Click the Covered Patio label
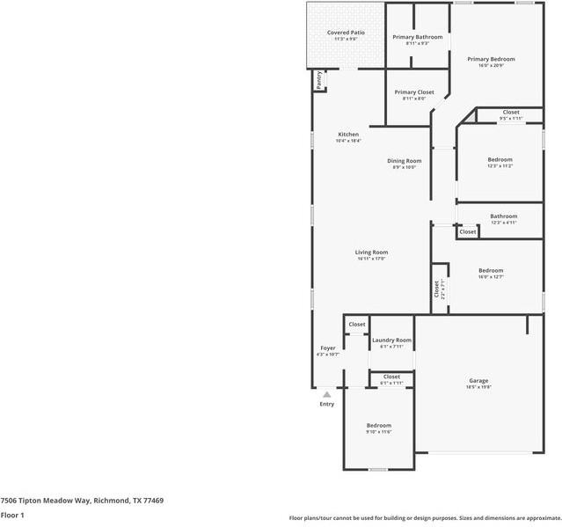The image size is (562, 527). [346, 33]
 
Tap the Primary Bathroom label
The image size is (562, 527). [417, 37]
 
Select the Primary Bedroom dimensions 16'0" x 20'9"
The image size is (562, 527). [497, 65]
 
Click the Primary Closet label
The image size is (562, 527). [413, 91]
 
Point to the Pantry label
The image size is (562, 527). [318, 80]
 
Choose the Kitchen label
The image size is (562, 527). [348, 135]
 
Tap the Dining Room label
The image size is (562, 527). [405, 161]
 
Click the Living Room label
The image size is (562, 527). [371, 253]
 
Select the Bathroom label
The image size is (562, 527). [503, 216]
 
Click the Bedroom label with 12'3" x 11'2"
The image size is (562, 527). [500, 159]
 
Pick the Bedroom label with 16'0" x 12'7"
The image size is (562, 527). [491, 270]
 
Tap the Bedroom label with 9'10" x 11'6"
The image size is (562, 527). [378, 425]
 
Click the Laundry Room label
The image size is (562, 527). [391, 340]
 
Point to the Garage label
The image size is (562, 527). [478, 381]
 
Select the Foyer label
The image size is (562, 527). [327, 348]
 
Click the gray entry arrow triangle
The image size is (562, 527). [326, 394]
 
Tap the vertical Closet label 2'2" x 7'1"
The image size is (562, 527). [435, 289]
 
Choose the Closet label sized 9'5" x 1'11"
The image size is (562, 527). [511, 112]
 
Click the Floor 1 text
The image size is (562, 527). [12, 515]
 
